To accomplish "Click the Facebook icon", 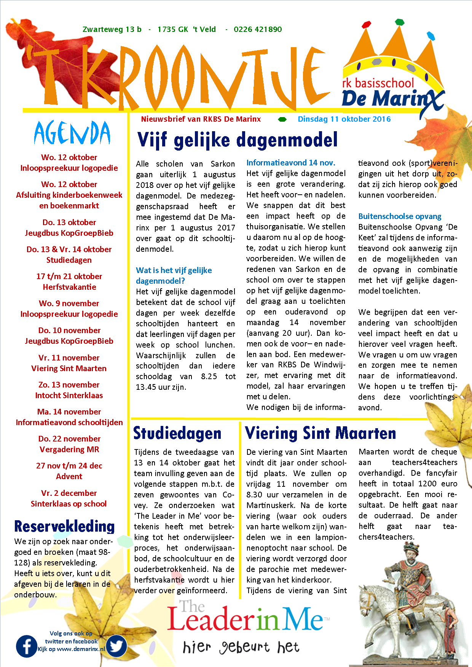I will pos(27,646).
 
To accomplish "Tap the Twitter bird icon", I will pos(116,646).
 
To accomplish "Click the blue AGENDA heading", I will pos(72,133).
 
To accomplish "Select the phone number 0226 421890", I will pos(258,29).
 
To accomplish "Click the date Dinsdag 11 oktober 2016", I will pos(344,119).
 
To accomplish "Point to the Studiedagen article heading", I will pos(177,434).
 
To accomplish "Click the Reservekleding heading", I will pos(64,526).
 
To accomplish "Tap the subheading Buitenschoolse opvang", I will pos(400,216).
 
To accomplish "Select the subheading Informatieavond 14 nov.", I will pos(291,163).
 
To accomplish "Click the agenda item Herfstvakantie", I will pos(69,287).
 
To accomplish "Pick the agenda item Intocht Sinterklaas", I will pos(69,395).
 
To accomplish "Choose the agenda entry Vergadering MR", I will pos(69,449).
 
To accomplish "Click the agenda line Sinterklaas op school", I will pos(69,504).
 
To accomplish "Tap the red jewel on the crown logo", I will pos(366,25).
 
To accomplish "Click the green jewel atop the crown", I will pos(399,22).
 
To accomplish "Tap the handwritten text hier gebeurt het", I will pos(241,647).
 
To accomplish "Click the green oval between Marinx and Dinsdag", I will pos(282,119).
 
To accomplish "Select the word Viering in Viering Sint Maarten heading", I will pos(271,434).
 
